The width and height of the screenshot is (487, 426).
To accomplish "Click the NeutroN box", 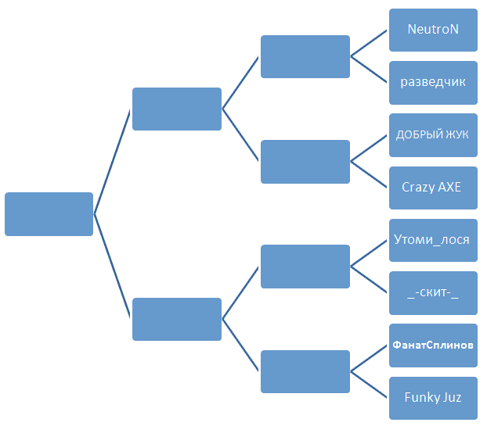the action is pyautogui.click(x=433, y=30).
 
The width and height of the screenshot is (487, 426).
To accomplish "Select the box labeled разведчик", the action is pyautogui.click(x=433, y=83).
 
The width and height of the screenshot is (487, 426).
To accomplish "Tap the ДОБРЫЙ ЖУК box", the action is pyautogui.click(x=433, y=135).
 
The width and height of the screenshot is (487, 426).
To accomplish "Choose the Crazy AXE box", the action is pyautogui.click(x=433, y=188).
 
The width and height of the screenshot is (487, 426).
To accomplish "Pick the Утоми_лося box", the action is pyautogui.click(x=433, y=240).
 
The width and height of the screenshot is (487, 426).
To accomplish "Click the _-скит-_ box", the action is pyautogui.click(x=433, y=293).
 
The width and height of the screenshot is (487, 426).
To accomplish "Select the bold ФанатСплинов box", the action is pyautogui.click(x=433, y=345).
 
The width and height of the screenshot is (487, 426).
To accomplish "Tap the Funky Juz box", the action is pyautogui.click(x=433, y=398).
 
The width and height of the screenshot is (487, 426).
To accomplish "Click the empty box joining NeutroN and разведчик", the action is pyautogui.click(x=305, y=56).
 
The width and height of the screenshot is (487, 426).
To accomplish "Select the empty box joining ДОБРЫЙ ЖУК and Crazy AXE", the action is pyautogui.click(x=305, y=162).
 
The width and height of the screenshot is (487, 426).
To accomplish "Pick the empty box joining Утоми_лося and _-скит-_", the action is pyautogui.click(x=305, y=267).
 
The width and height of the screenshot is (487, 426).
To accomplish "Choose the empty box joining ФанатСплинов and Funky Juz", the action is pyautogui.click(x=305, y=371).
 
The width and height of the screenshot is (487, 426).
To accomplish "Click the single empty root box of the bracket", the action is pyautogui.click(x=49, y=214).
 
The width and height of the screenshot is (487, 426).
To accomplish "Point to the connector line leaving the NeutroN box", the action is pyautogui.click(x=369, y=43).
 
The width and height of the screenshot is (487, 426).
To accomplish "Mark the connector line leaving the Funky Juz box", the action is pyautogui.click(x=369, y=385).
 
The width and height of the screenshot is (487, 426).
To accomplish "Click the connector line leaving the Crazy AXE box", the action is pyautogui.click(x=369, y=174).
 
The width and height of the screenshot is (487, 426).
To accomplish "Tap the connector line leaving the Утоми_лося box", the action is pyautogui.click(x=369, y=253).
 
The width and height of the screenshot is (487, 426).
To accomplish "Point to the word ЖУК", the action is pyautogui.click(x=457, y=134).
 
